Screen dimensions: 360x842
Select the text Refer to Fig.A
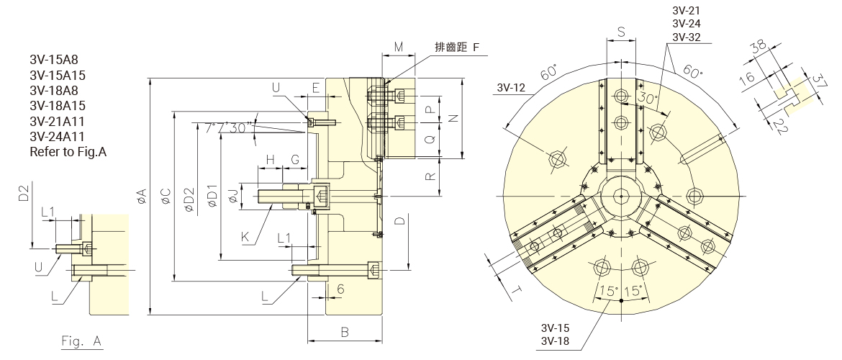(x=68, y=152)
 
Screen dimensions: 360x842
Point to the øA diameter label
(x=141, y=194)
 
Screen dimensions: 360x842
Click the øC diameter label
(x=166, y=194)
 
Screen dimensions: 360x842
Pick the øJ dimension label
(x=232, y=194)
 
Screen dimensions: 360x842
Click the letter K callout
(x=246, y=235)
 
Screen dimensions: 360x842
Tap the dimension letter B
(x=345, y=332)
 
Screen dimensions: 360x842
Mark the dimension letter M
(x=399, y=48)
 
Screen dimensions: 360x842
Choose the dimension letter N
(x=453, y=117)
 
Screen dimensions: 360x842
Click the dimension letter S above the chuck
(x=621, y=32)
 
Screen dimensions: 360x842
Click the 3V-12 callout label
(x=511, y=88)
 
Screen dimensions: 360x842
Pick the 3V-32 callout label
(x=687, y=37)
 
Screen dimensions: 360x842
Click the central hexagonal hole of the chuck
(x=620, y=195)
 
